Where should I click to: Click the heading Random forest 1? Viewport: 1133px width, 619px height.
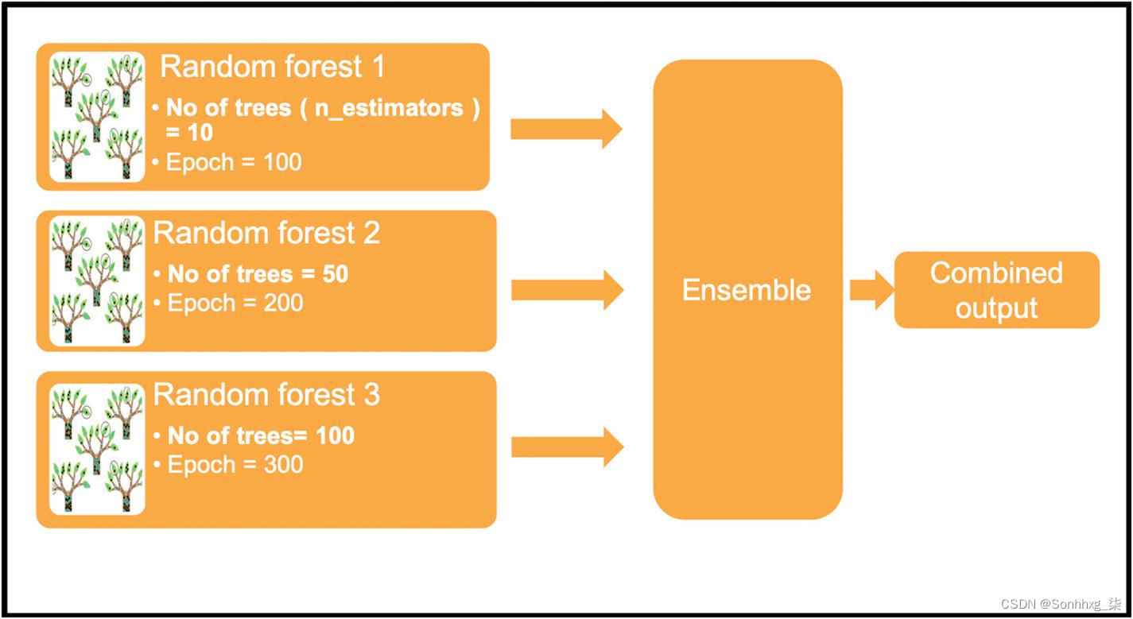273,67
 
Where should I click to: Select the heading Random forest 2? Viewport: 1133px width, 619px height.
266,234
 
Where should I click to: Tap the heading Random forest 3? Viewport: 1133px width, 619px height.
266,395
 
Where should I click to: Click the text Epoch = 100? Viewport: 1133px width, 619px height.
234,162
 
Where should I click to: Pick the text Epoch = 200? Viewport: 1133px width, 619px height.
235,303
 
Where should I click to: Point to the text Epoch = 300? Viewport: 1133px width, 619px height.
235,464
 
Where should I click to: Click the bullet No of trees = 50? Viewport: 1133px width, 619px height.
258,274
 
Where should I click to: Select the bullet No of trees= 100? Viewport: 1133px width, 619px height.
261,435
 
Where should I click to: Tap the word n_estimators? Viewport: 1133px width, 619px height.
389,108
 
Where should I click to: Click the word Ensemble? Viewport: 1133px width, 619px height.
747,290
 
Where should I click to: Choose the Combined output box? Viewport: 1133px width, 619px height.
996,290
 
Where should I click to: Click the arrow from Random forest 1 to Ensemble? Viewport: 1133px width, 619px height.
565,129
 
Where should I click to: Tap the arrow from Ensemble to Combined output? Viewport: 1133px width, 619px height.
871,290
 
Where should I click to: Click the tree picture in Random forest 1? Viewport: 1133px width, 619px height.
97,118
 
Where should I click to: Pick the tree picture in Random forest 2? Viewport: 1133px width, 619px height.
97,281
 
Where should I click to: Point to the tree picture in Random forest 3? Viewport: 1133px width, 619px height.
97,449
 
